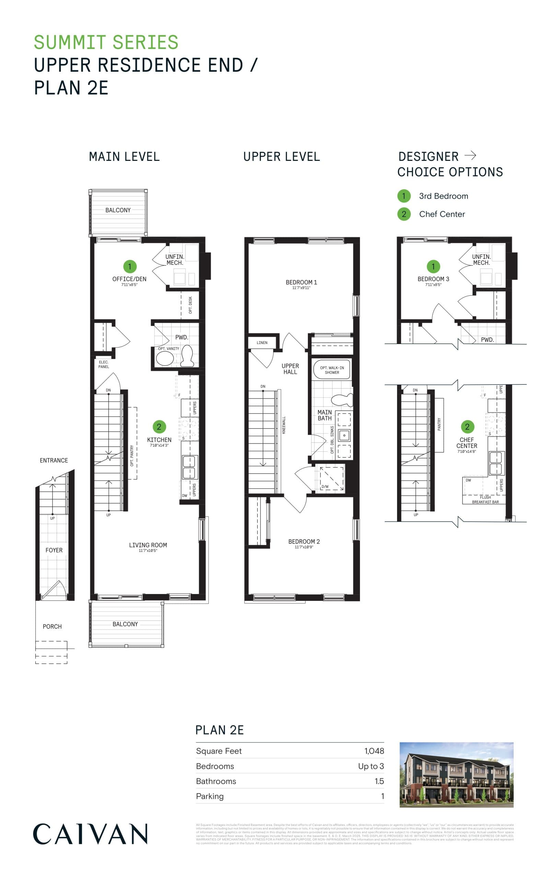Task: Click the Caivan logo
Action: [x=90, y=834]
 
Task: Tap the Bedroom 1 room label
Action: [x=301, y=282]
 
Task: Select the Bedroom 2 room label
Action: [x=304, y=542]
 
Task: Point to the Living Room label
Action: [x=148, y=545]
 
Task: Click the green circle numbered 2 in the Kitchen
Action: [x=159, y=427]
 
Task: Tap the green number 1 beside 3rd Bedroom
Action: [x=404, y=196]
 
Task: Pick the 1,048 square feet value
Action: [x=374, y=751]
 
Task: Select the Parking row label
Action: [x=210, y=796]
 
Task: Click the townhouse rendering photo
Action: [x=456, y=775]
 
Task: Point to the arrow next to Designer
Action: [x=470, y=155]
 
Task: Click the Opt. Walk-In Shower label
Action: [x=332, y=370]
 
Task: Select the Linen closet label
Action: [x=262, y=343]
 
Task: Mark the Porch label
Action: [x=52, y=626]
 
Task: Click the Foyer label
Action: [x=54, y=550]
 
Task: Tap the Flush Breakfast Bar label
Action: [x=485, y=500]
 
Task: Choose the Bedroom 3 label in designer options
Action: [x=433, y=279]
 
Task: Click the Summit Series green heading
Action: [x=106, y=42]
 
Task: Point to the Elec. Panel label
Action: [x=104, y=364]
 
